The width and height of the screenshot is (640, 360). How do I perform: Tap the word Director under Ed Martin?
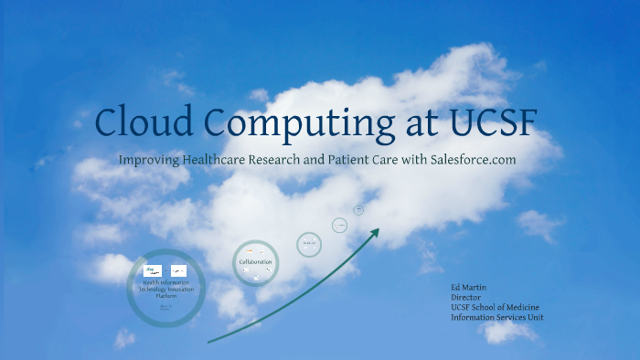tap(466, 298)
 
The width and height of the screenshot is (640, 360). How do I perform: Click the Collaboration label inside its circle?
tap(255, 262)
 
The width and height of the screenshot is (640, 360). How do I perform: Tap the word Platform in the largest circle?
tap(165, 295)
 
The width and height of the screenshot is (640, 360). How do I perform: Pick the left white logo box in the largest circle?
tap(154, 270)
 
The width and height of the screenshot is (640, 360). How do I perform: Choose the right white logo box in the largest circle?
tap(179, 270)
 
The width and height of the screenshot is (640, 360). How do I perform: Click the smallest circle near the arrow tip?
tap(358, 209)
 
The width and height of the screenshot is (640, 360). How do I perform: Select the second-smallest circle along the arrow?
tap(339, 225)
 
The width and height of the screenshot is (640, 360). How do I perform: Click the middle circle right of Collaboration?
tap(309, 244)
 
